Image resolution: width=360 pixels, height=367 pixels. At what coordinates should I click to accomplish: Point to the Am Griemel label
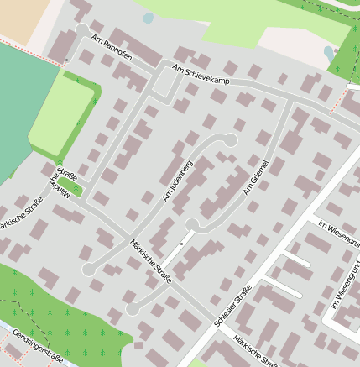256,177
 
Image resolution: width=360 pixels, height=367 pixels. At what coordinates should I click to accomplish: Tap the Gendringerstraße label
38,348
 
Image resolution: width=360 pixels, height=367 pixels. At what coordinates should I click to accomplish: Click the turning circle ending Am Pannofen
81,30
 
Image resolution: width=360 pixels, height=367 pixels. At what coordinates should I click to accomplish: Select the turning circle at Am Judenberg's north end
231,139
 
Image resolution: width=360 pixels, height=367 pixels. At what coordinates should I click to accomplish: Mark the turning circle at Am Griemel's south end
192,224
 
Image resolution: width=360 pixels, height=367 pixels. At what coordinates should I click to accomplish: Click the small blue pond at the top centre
149,18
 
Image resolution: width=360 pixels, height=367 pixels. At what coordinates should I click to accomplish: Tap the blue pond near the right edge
328,53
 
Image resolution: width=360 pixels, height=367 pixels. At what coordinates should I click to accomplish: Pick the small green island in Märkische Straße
69,183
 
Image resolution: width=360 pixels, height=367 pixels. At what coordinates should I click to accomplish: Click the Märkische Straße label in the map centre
151,261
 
